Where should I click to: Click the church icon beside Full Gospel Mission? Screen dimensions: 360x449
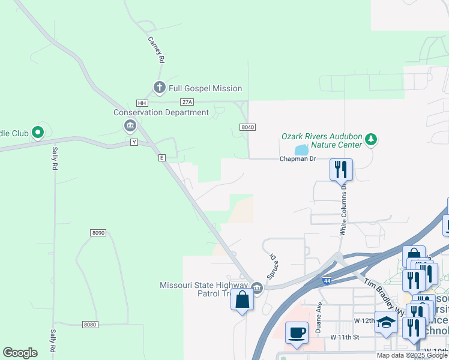tap(159, 88)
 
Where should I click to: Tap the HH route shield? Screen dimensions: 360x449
tap(142, 103)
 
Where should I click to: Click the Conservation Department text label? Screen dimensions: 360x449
tap(161, 112)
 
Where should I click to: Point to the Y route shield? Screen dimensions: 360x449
tap(134, 142)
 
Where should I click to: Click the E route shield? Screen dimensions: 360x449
tap(161, 157)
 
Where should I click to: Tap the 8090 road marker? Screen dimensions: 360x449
tap(99, 233)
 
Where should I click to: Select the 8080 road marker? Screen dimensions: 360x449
tap(89, 325)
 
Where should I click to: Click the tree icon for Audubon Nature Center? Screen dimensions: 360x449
tap(372, 140)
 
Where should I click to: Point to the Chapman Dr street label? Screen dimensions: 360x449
tap(297, 159)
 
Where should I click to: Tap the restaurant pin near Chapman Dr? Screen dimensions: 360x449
tap(341, 169)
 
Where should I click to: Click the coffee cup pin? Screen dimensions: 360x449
tap(297, 332)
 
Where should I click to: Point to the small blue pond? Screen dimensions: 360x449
tap(301, 149)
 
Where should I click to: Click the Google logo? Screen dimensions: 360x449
tap(20, 353)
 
